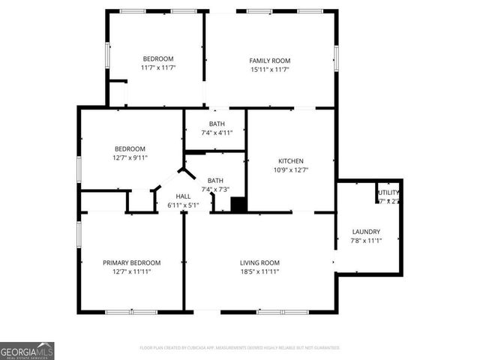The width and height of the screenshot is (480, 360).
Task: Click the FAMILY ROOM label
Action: pyautogui.click(x=270, y=61)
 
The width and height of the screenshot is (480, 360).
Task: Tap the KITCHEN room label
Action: pyautogui.click(x=291, y=161)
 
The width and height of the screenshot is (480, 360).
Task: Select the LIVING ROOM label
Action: pyautogui.click(x=259, y=262)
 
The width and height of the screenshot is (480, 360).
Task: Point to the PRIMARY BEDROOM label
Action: pyautogui.click(x=132, y=262)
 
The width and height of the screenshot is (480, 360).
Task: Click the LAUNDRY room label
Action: pyautogui.click(x=366, y=232)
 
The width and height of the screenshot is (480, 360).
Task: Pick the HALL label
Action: pyautogui.click(x=183, y=196)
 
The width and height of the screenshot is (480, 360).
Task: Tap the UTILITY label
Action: pyautogui.click(x=388, y=193)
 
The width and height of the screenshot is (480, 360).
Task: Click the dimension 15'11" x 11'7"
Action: pyautogui.click(x=270, y=69)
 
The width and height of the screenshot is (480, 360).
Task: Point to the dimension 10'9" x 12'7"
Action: pyautogui.click(x=291, y=169)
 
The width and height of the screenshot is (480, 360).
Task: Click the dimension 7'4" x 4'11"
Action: pyautogui.click(x=217, y=132)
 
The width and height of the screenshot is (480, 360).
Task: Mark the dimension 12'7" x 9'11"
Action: pyautogui.click(x=130, y=157)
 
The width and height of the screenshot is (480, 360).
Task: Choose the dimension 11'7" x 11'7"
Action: pyautogui.click(x=158, y=67)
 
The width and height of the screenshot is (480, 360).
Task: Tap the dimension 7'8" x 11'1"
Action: pyautogui.click(x=366, y=240)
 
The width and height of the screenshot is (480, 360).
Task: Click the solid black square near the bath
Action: pyautogui.click(x=238, y=204)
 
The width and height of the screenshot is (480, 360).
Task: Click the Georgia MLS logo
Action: pyautogui.click(x=27, y=351)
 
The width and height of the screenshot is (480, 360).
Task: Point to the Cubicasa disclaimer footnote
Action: pyautogui.click(x=240, y=348)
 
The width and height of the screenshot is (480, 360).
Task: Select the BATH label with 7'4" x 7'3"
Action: pyautogui.click(x=216, y=181)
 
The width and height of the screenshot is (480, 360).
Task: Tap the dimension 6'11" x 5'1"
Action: pyautogui.click(x=183, y=205)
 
